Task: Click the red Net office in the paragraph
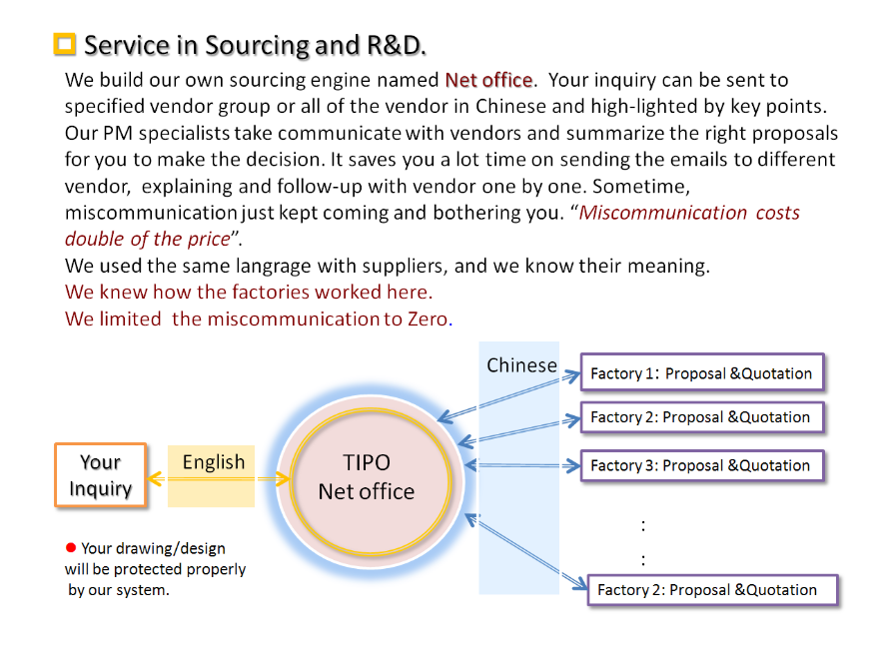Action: point(489,80)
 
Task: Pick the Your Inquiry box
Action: point(100,475)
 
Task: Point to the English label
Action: point(213,462)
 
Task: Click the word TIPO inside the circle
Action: point(367,463)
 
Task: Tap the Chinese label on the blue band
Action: point(521,365)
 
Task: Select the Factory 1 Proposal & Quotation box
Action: point(702,373)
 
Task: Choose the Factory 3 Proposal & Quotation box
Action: point(702,465)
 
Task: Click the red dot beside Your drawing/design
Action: point(71,547)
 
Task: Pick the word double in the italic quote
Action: point(97,239)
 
